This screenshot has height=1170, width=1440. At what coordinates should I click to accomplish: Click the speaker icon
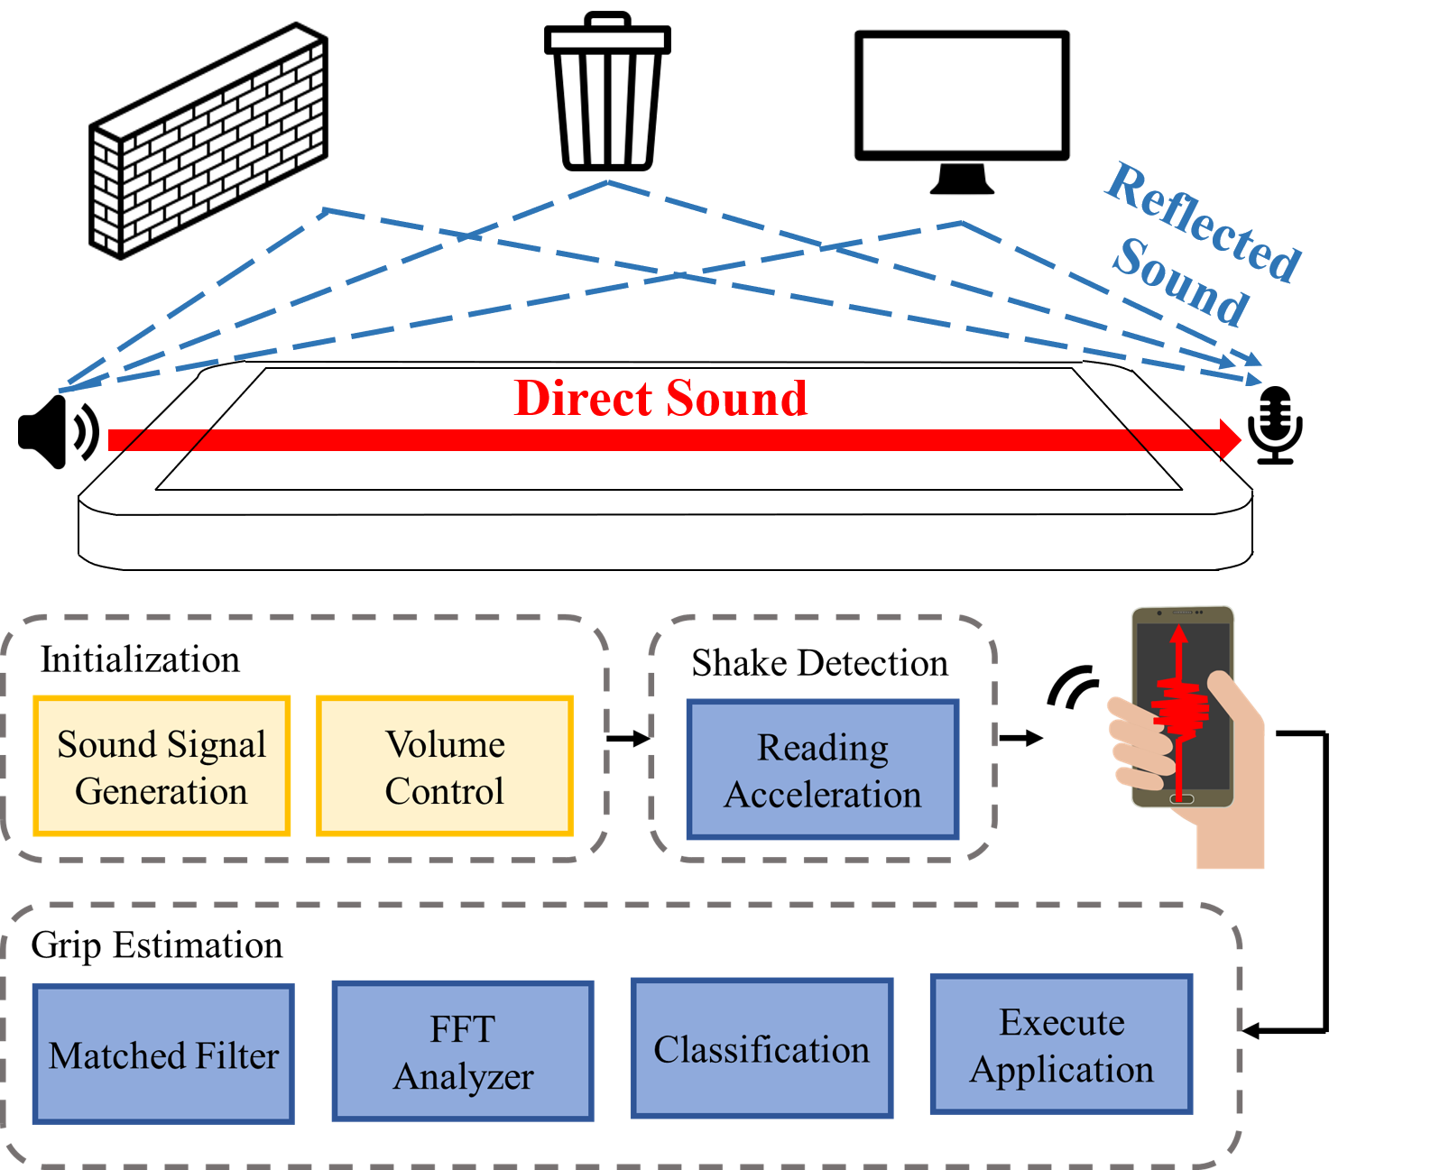click(x=58, y=431)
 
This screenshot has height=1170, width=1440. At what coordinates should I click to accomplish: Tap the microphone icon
click(x=1275, y=425)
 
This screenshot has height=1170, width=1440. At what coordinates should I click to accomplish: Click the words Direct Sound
click(x=660, y=398)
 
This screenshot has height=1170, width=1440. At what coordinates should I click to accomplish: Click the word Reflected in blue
click(x=1204, y=222)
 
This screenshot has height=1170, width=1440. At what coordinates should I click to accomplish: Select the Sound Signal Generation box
click(x=162, y=766)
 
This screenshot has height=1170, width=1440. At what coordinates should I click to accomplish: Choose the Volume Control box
click(x=445, y=766)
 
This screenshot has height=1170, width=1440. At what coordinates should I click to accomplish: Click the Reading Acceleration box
click(x=822, y=769)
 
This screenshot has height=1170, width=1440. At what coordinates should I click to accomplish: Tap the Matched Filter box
click(x=163, y=1054)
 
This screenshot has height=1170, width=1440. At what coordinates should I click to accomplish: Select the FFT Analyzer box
click(x=463, y=1051)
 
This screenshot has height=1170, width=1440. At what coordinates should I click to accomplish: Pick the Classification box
click(x=762, y=1048)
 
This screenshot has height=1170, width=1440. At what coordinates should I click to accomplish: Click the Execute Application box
click(x=1061, y=1044)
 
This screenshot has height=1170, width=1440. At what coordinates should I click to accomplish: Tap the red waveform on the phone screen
click(x=1179, y=709)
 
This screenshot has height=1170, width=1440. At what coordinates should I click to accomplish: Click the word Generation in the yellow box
click(x=162, y=791)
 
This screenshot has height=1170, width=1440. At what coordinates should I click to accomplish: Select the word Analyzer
click(x=464, y=1076)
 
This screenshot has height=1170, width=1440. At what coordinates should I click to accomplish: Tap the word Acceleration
click(x=823, y=795)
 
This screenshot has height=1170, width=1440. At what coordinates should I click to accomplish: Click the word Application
click(x=1062, y=1069)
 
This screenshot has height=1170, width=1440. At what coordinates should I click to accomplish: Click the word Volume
click(x=446, y=744)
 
